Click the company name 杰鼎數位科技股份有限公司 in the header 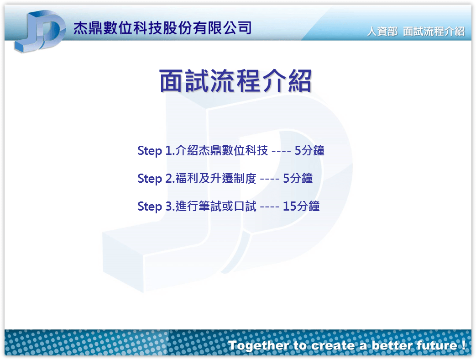point(162,28)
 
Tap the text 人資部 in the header point(382,31)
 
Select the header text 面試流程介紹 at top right point(434,31)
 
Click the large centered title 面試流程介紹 point(235,80)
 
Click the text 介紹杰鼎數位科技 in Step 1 point(222,150)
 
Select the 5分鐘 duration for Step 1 point(309,150)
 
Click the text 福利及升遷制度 point(216,178)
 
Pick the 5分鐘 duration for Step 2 point(298,178)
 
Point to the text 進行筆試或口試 point(216,206)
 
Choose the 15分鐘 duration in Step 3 point(301,206)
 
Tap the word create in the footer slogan point(333,346)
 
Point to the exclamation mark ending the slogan point(463,345)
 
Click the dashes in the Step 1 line point(281,151)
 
